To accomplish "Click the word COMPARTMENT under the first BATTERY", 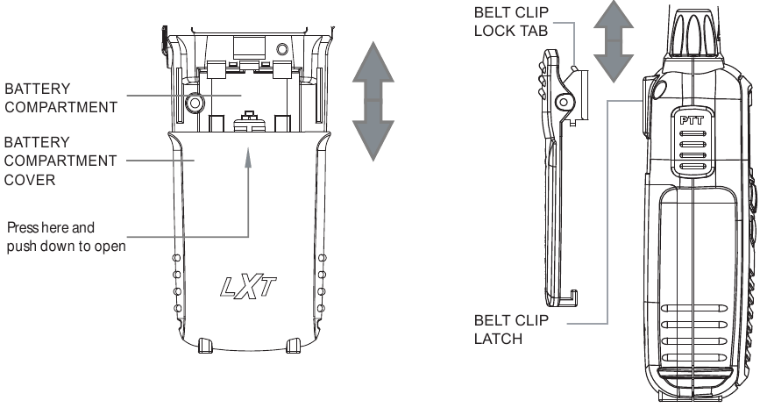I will (61, 109).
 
